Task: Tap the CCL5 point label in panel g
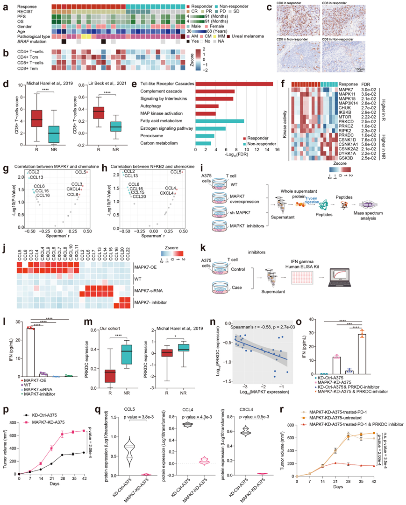[81, 173]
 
